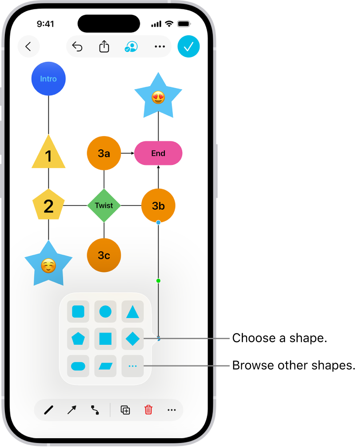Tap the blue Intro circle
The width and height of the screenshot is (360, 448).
click(x=48, y=79)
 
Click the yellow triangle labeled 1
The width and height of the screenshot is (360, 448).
click(x=48, y=154)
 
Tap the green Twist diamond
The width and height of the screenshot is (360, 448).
click(x=104, y=205)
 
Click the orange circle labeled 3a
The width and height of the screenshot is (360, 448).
click(x=104, y=153)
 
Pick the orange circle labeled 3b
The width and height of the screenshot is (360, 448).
click(x=158, y=205)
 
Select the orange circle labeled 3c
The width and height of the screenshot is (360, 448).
click(x=104, y=255)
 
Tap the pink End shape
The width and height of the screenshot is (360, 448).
click(x=158, y=153)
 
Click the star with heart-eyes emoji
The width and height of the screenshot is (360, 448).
click(x=158, y=96)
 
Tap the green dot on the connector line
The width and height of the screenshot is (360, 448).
click(x=158, y=280)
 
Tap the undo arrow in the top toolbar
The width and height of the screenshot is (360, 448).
click(x=77, y=47)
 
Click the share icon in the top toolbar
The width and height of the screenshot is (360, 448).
click(x=104, y=47)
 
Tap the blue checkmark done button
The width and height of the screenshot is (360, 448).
click(x=189, y=47)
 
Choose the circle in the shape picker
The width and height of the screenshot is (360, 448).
click(x=105, y=312)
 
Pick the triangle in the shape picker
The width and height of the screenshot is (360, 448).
click(x=132, y=312)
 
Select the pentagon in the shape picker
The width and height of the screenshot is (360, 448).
click(x=78, y=339)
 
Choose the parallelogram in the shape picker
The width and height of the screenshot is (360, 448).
click(x=105, y=366)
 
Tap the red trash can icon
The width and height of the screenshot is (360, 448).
click(x=148, y=410)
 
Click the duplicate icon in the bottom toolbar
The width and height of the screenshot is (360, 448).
click(x=125, y=410)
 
